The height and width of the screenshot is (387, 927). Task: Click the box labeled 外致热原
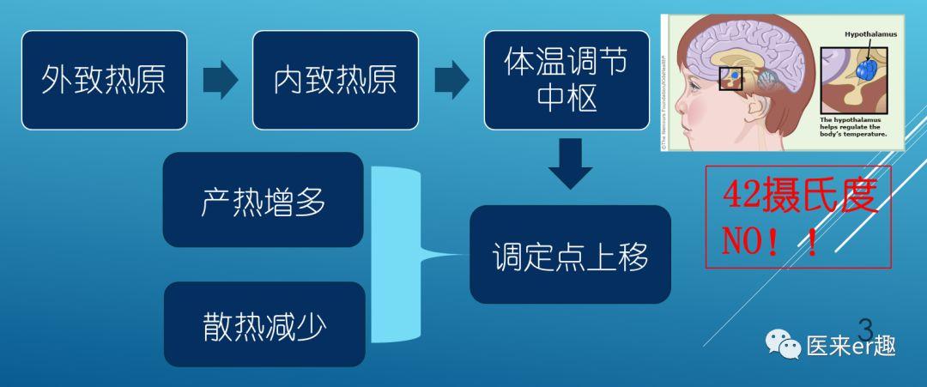point(104,81)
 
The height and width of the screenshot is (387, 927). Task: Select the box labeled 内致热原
point(335,81)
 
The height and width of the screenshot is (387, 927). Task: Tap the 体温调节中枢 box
point(566,81)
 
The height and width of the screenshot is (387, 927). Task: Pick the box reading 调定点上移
point(570,255)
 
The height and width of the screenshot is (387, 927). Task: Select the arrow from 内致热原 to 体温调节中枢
point(451,81)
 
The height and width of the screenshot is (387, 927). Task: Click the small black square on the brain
point(730,78)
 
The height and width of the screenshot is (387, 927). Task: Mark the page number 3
point(865,329)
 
